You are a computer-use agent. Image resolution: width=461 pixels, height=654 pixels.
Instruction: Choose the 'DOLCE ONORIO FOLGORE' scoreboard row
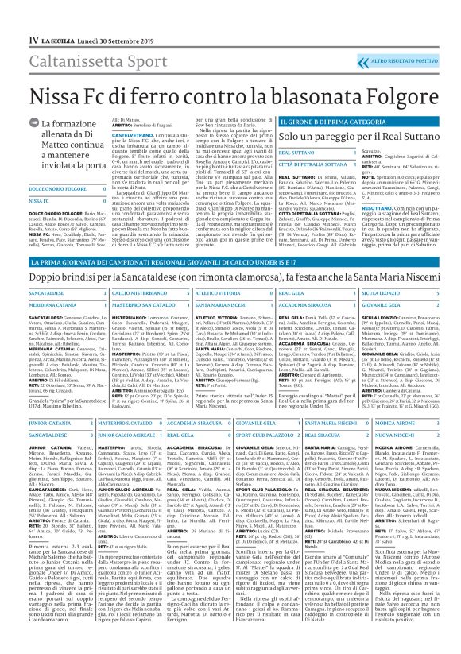[55, 189]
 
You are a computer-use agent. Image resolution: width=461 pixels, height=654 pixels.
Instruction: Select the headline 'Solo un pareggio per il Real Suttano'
[293, 137]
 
